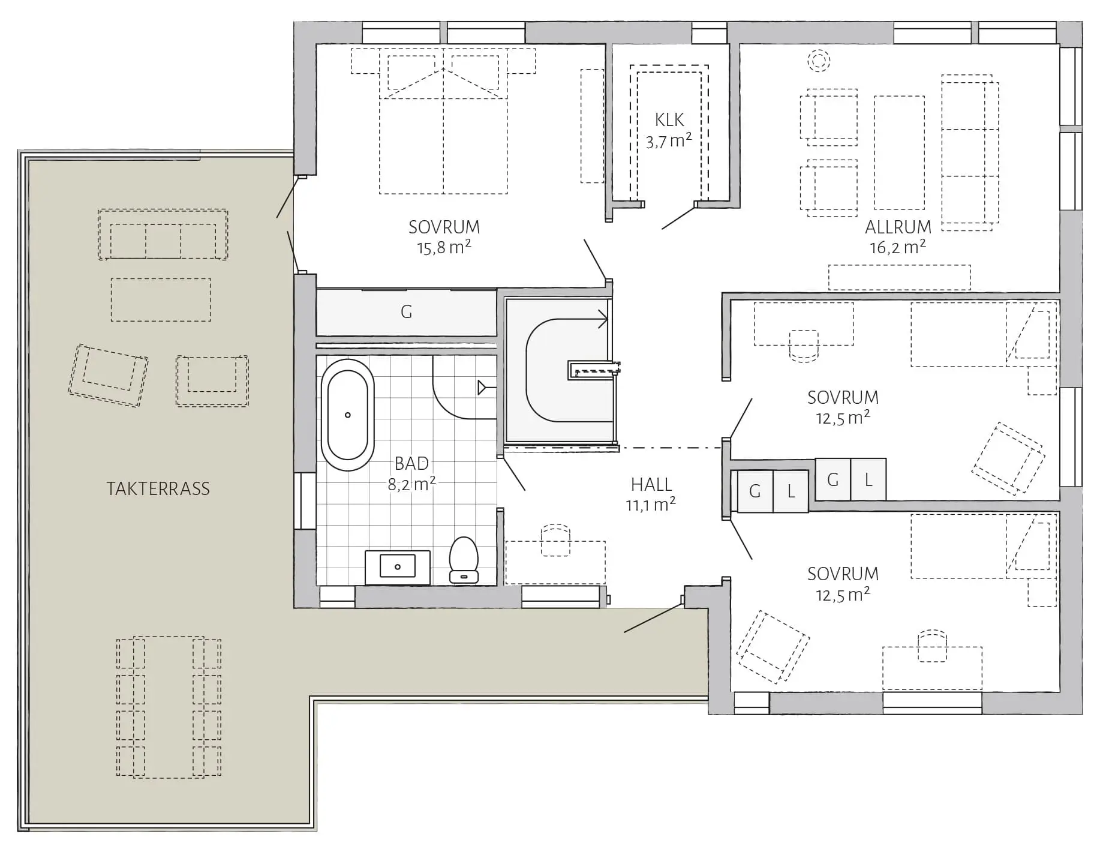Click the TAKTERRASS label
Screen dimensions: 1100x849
[x=158, y=488]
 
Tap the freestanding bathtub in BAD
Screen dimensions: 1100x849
[x=347, y=415]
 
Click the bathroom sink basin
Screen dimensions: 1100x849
[x=398, y=566]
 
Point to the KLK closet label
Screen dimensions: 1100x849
[x=669, y=120]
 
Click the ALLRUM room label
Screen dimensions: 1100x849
[x=898, y=227]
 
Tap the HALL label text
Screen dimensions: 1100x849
[x=651, y=484]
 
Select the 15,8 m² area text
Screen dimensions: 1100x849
[x=444, y=247]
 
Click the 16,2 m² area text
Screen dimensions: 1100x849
[x=898, y=247]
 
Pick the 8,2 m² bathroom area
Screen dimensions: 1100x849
[x=411, y=484]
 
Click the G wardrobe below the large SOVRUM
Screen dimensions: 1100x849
[x=406, y=312]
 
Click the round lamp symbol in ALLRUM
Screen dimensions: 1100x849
[x=818, y=60]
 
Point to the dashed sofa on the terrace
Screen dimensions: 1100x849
[x=163, y=234]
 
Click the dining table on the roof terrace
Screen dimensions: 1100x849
[x=169, y=707]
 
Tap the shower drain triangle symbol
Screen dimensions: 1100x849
[x=482, y=388]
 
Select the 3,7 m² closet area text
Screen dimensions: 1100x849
[x=669, y=142]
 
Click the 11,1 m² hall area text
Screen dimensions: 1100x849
[x=651, y=505]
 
